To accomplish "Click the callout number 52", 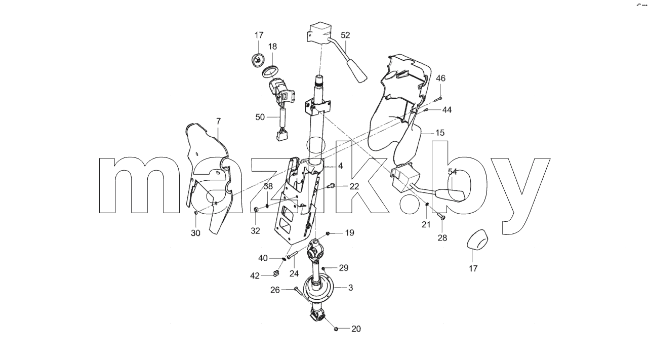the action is point(345,35).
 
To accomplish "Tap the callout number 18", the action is point(272,47).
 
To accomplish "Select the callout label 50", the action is point(260,117).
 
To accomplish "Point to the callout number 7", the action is point(218,121).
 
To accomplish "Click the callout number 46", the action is point(440,78).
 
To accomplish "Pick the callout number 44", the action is point(447,110).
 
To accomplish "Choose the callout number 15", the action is point(440,133).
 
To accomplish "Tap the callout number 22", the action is point(354,187).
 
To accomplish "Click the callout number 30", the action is point(195,233).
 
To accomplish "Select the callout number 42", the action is point(255,276).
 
